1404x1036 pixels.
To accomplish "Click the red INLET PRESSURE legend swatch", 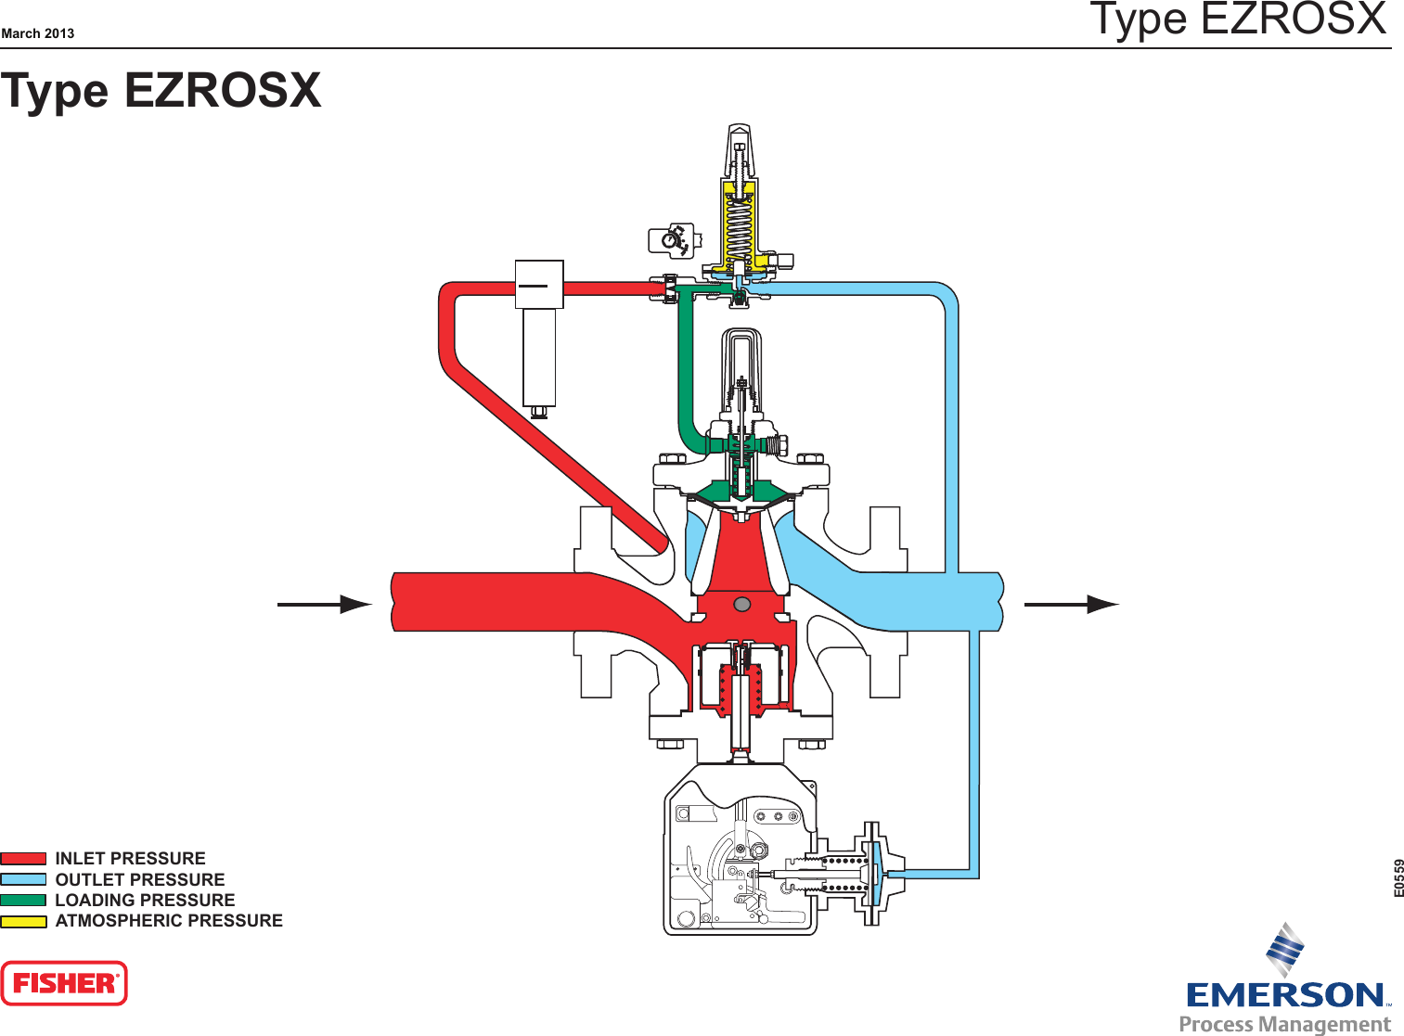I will click(23, 859).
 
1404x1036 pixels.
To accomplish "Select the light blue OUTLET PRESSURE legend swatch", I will click(23, 879).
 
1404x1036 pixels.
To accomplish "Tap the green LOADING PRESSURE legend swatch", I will click(23, 900).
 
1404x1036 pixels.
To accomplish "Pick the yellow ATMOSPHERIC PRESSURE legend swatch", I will click(23, 921).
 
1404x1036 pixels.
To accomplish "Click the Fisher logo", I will click(64, 983).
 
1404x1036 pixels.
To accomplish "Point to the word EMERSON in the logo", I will click(1286, 995).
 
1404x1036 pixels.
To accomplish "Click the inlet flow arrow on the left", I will click(325, 605).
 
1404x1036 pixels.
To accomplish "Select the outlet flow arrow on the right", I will click(1072, 605).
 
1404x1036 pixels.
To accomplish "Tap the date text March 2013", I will click(38, 33).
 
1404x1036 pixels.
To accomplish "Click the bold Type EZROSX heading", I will click(161, 91).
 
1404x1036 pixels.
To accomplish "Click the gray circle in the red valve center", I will click(741, 605).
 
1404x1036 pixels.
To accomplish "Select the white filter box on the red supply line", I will click(539, 286).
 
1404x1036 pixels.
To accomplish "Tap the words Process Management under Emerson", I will click(1284, 1024).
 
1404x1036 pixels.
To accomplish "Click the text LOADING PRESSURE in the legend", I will click(145, 900).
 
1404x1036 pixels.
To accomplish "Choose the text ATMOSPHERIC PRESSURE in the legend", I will click(169, 921).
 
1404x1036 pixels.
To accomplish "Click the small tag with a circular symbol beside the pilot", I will click(671, 240).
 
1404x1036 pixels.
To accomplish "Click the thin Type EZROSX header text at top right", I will click(1238, 20).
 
